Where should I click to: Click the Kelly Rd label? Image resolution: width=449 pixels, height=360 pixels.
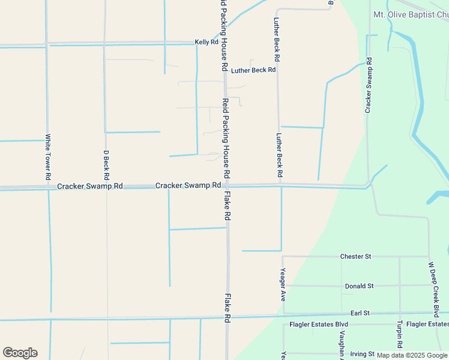pyautogui.click(x=206, y=43)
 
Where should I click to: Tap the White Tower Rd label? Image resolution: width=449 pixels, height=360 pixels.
pyautogui.click(x=48, y=157)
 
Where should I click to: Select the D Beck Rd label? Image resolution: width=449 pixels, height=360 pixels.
pyautogui.click(x=106, y=165)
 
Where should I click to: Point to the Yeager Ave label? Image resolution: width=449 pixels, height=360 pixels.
pyautogui.click(x=283, y=284)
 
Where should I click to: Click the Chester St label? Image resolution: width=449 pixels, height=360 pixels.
pyautogui.click(x=355, y=256)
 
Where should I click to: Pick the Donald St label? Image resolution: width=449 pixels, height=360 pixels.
pyautogui.click(x=359, y=286)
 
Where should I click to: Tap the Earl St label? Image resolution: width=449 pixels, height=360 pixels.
pyautogui.click(x=360, y=313)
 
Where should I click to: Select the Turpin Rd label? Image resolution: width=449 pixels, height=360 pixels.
pyautogui.click(x=399, y=334)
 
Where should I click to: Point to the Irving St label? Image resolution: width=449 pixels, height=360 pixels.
pyautogui.click(x=362, y=354)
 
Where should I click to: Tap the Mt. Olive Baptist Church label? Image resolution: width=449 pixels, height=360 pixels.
pyautogui.click(x=411, y=14)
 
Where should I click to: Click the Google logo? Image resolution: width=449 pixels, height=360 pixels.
pyautogui.click(x=20, y=352)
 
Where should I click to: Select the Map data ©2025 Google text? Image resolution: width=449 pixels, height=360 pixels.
pyautogui.click(x=411, y=355)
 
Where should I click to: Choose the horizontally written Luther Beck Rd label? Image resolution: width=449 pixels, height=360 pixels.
pyautogui.click(x=253, y=70)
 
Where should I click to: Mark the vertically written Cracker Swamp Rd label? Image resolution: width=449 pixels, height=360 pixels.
pyautogui.click(x=369, y=85)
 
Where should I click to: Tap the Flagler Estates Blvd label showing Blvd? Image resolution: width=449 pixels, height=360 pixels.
pyautogui.click(x=319, y=325)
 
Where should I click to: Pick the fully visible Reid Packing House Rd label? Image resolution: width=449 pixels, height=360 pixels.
pyautogui.click(x=226, y=138)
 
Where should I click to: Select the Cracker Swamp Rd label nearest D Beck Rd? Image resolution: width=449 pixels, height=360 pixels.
pyautogui.click(x=90, y=187)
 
